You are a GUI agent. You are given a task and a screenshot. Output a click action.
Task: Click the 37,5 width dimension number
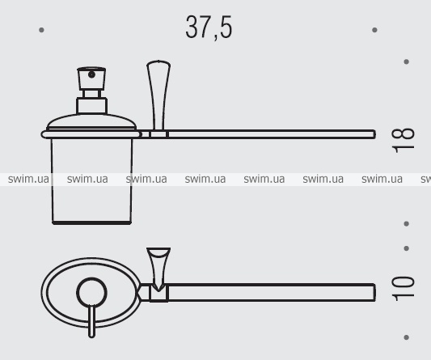(209, 27)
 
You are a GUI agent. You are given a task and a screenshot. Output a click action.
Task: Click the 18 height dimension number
(403, 140)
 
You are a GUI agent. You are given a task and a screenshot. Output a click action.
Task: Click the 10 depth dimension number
(403, 289)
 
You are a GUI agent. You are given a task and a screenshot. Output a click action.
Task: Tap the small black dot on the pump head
(91, 74)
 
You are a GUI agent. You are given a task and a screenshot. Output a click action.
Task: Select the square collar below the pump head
(91, 106)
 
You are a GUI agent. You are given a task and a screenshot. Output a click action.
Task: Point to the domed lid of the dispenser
(91, 121)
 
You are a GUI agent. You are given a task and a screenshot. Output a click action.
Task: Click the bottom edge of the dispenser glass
(92, 222)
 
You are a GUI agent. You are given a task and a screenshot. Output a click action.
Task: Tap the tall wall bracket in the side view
(158, 95)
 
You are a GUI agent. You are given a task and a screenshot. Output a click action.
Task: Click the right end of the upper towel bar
(374, 134)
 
